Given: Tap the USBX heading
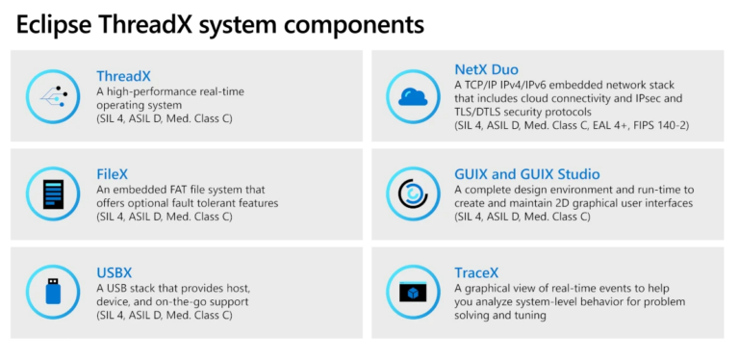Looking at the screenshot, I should [115, 273].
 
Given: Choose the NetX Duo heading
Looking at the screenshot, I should [487, 69].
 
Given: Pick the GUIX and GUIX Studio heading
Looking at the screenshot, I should [526, 174].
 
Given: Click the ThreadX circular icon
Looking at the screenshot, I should [53, 97].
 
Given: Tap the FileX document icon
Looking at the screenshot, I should [53, 194].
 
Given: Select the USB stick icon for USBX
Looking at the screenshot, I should [53, 293].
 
